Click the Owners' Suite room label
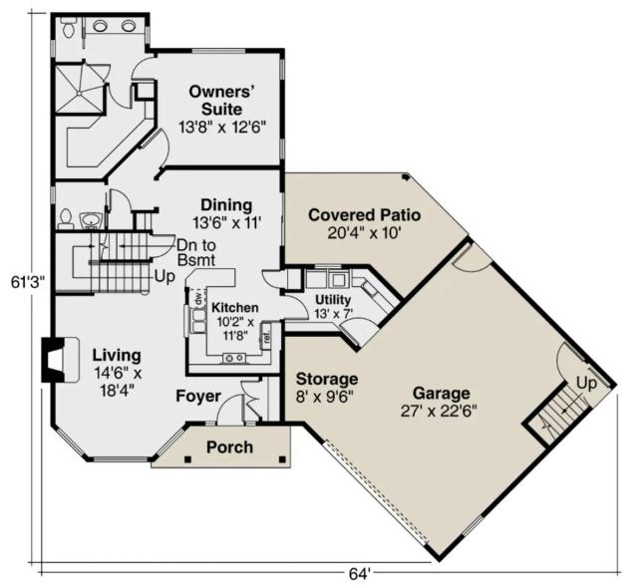click(x=222, y=109)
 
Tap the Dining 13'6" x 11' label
click(x=226, y=213)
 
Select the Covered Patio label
click(x=364, y=223)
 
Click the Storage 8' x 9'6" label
click(x=327, y=388)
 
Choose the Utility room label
click(x=333, y=306)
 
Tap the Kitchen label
click(x=235, y=321)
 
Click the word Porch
click(x=230, y=447)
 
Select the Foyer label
click(x=198, y=397)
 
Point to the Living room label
click(x=118, y=372)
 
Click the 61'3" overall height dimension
click(x=27, y=282)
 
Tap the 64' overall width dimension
click(x=360, y=574)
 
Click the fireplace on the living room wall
click(x=60, y=360)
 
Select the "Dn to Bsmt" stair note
click(x=196, y=252)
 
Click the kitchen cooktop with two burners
click(x=234, y=358)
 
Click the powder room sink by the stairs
click(x=91, y=220)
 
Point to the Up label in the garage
click(x=586, y=384)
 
